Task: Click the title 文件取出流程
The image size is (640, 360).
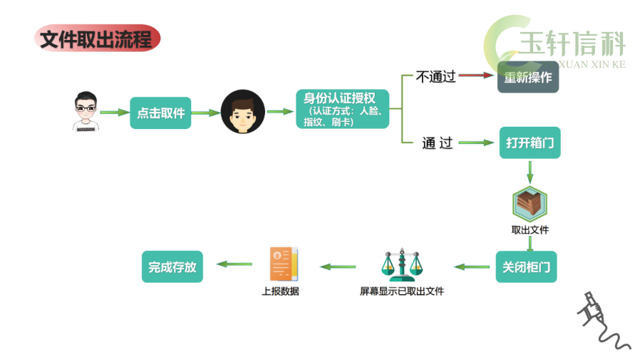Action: click(x=97, y=38)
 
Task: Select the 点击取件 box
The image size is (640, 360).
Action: click(x=160, y=113)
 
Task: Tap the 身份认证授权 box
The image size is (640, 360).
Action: click(x=342, y=109)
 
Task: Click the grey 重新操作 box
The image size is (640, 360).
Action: click(x=528, y=77)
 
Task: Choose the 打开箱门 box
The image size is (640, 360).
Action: click(x=530, y=143)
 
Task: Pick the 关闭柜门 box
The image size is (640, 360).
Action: click(x=526, y=267)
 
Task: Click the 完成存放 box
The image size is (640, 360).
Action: click(x=172, y=267)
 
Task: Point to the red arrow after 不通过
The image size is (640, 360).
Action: click(x=476, y=75)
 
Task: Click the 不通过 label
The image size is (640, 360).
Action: click(x=435, y=76)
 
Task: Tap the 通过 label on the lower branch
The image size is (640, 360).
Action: click(x=437, y=143)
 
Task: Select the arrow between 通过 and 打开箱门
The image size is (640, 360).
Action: click(x=476, y=143)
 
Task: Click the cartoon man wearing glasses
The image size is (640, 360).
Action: click(x=86, y=111)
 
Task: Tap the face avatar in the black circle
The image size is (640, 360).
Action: click(x=243, y=111)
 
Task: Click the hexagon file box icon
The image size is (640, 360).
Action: click(x=530, y=203)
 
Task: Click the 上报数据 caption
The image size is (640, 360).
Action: click(x=280, y=291)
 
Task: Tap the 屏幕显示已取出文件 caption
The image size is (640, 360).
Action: click(x=402, y=291)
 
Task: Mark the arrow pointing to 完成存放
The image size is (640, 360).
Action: click(x=234, y=264)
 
